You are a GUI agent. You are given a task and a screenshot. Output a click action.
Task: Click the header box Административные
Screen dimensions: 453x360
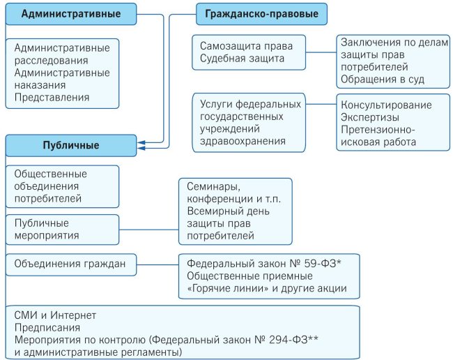point(71,14)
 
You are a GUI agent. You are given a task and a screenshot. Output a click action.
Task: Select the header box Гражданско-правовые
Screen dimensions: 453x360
point(262,14)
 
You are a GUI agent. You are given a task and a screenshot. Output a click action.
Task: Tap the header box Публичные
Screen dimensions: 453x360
point(71,145)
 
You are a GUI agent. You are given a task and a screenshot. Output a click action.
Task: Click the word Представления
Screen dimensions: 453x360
point(52,98)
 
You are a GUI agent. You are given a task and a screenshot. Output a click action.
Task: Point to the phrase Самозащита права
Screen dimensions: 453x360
point(246,46)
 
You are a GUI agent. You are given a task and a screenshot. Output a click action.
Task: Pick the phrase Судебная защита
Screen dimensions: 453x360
point(242,59)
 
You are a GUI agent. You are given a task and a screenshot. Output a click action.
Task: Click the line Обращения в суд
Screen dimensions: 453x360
point(383,80)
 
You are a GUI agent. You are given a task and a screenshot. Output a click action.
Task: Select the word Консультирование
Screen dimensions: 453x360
point(386,105)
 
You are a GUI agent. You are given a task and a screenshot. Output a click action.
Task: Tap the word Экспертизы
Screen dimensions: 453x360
point(370,117)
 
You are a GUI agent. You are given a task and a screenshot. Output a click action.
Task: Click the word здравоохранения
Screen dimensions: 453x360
point(243,141)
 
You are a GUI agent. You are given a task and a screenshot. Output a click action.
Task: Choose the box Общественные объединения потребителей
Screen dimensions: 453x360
point(63,186)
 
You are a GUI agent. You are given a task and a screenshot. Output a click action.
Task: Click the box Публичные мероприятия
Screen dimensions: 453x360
point(63,230)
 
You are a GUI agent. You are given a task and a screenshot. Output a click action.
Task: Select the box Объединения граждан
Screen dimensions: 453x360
point(71,264)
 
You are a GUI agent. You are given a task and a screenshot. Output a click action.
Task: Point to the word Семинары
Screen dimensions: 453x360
point(213,187)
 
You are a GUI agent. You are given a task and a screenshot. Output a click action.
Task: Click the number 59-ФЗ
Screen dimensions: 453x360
point(323,264)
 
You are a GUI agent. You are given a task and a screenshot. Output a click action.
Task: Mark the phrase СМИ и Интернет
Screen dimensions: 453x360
point(55,315)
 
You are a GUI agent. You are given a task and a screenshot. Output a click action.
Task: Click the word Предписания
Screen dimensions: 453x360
point(47,328)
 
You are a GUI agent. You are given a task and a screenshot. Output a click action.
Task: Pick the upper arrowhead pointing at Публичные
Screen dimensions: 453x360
point(141,142)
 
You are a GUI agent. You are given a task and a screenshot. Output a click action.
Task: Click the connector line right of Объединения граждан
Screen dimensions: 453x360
point(158,264)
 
